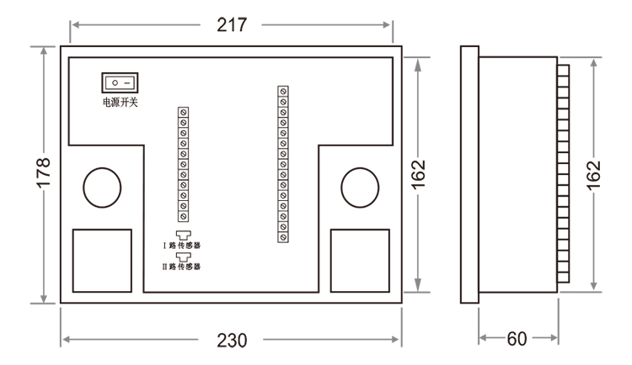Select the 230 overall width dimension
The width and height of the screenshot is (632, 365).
[x=230, y=340]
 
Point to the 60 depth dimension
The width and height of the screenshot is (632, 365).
[x=519, y=339]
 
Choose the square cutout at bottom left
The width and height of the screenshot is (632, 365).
[x=103, y=259]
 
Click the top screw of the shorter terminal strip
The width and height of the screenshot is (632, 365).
[x=182, y=111]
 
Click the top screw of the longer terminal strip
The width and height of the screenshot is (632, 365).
[x=284, y=89]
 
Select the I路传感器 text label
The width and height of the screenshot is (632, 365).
[x=182, y=246]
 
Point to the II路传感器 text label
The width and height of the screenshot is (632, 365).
[x=182, y=267]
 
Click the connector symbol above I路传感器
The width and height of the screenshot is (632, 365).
[x=182, y=235]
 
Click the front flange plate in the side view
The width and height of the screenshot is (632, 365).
[x=469, y=174]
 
